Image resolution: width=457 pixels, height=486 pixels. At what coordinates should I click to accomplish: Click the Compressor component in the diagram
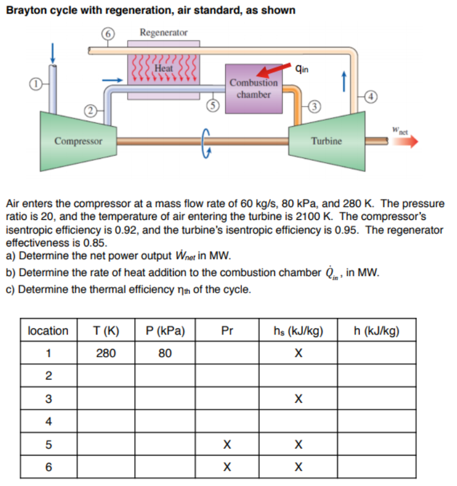point(78,140)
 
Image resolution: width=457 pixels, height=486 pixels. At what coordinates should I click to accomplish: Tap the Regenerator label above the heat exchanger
point(164,32)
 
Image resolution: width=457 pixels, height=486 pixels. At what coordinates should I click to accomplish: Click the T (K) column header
point(106,330)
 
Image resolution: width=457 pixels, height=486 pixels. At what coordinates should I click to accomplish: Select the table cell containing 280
point(106,353)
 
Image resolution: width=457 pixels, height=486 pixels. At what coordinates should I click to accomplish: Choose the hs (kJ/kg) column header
point(298,330)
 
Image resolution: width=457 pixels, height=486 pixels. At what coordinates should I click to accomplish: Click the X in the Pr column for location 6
point(227,467)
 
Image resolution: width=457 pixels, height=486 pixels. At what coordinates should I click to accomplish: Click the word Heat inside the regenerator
point(163,68)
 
